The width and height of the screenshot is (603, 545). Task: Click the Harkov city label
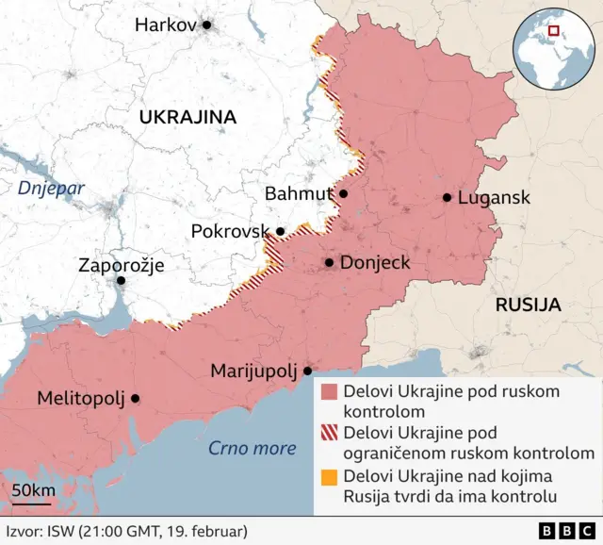coord(165,25)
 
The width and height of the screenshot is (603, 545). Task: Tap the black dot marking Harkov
coord(207,25)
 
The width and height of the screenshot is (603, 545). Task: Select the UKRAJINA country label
coord(187,117)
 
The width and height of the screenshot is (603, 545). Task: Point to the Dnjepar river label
coord(51,188)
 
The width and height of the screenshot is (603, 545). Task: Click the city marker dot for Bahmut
coord(344,194)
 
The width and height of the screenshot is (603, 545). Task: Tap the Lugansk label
coord(493,198)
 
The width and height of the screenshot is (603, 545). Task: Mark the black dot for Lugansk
coord(448,198)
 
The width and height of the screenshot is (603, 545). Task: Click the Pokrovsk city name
coord(230,231)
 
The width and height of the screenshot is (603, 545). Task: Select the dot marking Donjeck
coord(329,263)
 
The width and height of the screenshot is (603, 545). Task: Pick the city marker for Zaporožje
coord(121,281)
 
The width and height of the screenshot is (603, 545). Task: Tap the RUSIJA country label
coord(528,305)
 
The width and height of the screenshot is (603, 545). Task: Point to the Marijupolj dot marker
coord(307,371)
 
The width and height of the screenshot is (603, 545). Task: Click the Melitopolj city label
coord(80,399)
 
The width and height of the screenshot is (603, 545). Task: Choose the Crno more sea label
coord(252,448)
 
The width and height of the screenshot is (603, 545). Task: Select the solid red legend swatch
coord(329,392)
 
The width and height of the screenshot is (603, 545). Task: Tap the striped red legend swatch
coord(329,435)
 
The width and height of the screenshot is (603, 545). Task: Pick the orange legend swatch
coord(329,477)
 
